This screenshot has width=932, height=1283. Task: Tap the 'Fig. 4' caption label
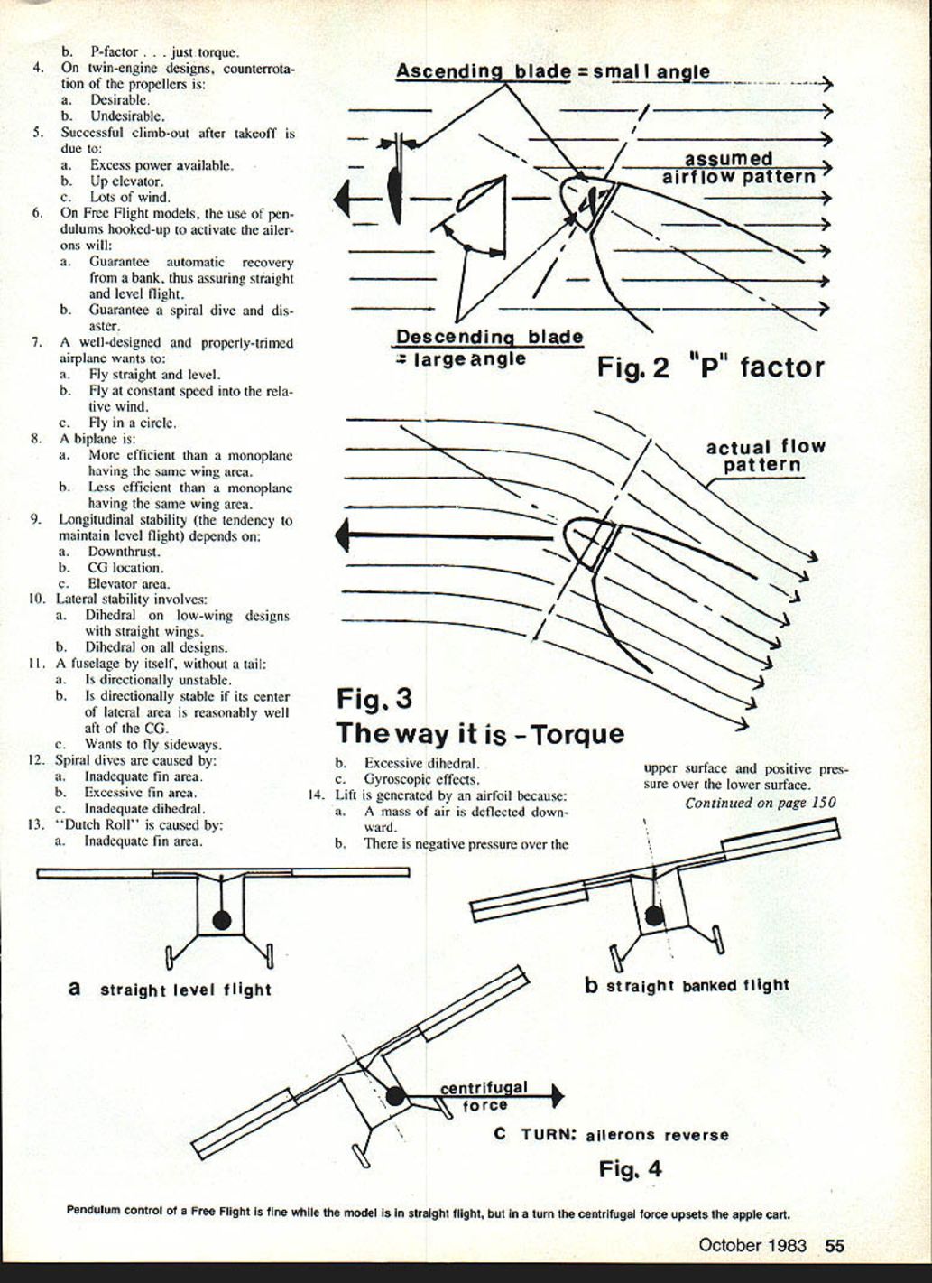pos(630,1169)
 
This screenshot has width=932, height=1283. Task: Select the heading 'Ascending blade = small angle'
pos(552,71)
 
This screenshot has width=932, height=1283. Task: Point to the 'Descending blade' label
pos(489,338)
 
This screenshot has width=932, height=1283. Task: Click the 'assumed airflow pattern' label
pos(738,169)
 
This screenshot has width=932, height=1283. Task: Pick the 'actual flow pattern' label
pos(765,456)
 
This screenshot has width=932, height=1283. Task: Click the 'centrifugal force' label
pos(484,1096)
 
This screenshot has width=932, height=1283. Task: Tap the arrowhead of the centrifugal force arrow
pos(558,1096)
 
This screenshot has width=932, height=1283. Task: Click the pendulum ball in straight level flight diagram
pos(221,921)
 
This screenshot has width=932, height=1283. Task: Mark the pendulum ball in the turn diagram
pos(394,1096)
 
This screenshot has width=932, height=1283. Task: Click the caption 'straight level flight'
pos(185,990)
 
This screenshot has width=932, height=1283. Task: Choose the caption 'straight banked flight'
pos(697,985)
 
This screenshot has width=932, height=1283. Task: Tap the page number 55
pos(835,1245)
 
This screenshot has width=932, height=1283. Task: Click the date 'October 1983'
pos(752,1245)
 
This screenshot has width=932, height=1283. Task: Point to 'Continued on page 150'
pos(760,803)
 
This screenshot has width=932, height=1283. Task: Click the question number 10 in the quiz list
pos(37,599)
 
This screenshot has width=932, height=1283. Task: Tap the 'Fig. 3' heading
pos(374,699)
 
